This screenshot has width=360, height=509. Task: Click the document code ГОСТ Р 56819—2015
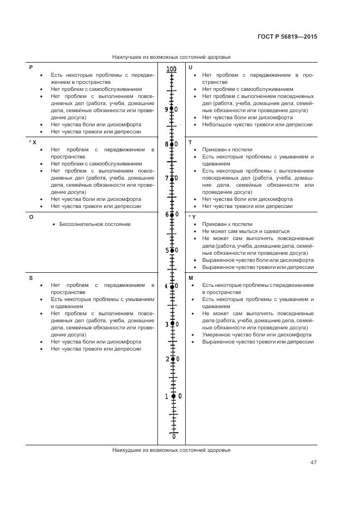287,36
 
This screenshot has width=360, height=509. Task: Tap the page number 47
313,463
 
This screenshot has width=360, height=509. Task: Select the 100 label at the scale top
172,69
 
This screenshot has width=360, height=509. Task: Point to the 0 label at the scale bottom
174,437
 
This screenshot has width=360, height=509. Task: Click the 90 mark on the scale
172,109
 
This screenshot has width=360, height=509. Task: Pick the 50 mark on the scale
172,250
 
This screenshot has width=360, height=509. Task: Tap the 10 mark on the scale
173,396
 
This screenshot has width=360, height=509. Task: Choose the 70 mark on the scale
172,179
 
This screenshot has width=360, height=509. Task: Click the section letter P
30,67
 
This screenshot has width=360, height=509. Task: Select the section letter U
190,67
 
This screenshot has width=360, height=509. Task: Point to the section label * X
32,142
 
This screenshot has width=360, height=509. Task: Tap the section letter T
190,142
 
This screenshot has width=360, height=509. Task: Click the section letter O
31,217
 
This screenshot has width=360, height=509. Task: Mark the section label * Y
192,217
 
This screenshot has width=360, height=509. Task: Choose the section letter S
30,278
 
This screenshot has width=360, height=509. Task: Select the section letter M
191,278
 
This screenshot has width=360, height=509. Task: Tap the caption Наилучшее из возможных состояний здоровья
171,57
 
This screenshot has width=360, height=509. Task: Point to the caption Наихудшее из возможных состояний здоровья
171,450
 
